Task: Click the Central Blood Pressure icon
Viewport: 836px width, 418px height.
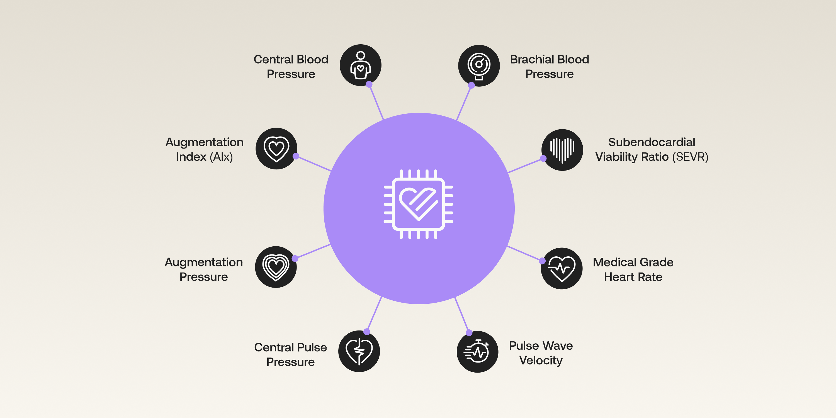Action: pos(360,65)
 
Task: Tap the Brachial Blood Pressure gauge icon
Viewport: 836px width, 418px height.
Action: pos(479,65)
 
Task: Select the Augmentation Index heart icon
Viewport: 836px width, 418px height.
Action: pos(276,149)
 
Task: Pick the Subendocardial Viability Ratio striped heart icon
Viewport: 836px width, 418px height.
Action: pos(562,150)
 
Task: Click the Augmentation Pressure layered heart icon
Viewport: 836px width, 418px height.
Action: pos(276,267)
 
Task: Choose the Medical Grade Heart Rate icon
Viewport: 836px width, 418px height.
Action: pos(562,268)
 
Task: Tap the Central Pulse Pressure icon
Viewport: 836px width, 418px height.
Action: pos(359,351)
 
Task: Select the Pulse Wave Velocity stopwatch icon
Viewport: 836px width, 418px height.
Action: pos(477,351)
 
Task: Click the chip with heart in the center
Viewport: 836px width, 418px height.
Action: pos(418,204)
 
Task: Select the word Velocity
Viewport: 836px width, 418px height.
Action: pos(541,360)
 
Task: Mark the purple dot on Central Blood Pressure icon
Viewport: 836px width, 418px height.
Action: pos(369,84)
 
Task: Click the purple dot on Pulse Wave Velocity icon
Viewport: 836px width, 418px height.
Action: pos(469,333)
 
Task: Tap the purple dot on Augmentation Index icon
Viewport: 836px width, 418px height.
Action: pos(296,156)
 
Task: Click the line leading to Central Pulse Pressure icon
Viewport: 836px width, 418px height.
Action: pos(374,314)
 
